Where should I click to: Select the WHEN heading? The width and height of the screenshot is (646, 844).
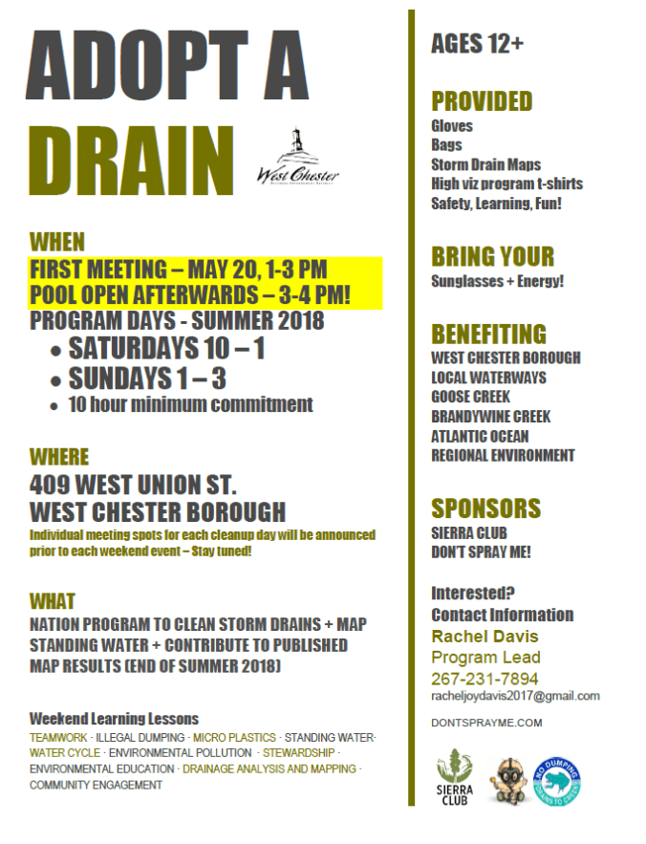[x=57, y=241]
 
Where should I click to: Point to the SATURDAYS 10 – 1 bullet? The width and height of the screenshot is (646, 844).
[x=166, y=349]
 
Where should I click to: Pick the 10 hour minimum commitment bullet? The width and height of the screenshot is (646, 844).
[x=190, y=404]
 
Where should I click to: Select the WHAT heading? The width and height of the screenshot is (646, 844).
[x=53, y=601]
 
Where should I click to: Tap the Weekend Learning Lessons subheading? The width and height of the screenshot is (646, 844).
[x=114, y=719]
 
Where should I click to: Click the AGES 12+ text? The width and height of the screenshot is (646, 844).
[x=477, y=44]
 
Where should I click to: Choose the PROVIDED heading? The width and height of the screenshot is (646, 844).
[x=482, y=101]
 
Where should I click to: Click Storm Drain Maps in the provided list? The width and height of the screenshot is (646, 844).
[x=485, y=164]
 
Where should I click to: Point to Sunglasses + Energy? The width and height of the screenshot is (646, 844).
[x=498, y=281]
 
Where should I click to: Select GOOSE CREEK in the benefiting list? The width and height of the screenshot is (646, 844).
[x=471, y=397]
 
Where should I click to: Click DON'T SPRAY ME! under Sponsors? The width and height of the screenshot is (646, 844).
[x=482, y=552]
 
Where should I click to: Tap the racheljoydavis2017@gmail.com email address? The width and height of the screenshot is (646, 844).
[x=515, y=696]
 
